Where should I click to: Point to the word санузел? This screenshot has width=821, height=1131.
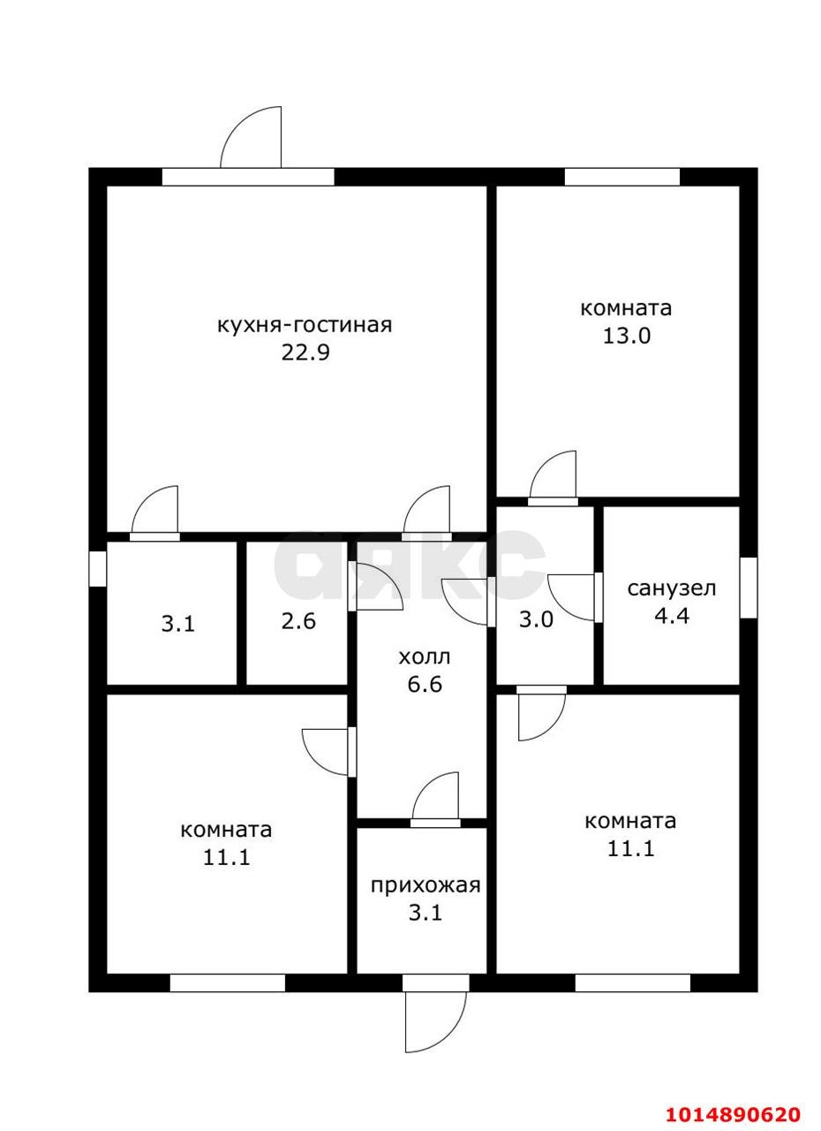click(x=671, y=588)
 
